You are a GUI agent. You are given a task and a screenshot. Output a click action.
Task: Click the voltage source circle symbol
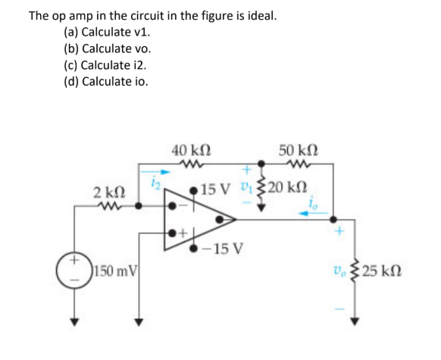74,270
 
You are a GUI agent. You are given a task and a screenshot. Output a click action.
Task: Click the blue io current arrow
313,214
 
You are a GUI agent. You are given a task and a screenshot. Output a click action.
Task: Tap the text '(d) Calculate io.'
106,81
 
